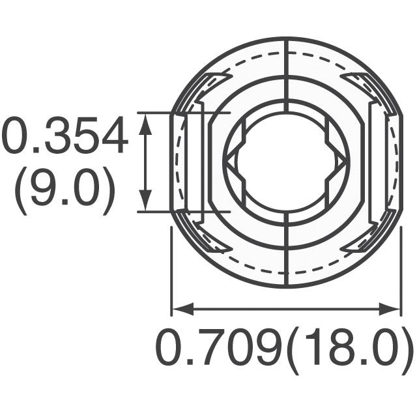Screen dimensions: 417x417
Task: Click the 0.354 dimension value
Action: point(64,135)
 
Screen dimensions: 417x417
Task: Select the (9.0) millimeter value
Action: point(65,190)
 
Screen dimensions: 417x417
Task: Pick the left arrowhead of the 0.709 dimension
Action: point(183,309)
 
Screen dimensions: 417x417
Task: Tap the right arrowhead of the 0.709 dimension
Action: point(390,309)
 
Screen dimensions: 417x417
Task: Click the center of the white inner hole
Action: point(287,162)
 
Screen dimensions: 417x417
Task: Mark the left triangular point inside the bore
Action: point(230,162)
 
